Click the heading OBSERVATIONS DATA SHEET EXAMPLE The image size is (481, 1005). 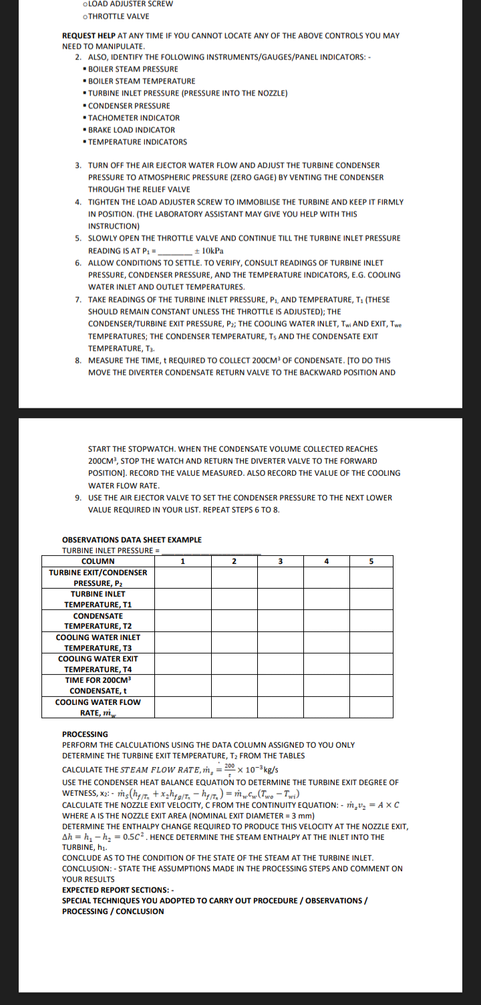(x=132, y=539)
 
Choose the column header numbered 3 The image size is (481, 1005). (x=281, y=561)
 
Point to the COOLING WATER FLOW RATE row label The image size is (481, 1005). (x=98, y=706)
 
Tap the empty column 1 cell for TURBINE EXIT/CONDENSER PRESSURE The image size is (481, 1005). (x=182, y=577)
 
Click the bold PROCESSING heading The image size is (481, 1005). (x=85, y=734)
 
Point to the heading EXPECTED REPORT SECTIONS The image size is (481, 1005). (x=118, y=889)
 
